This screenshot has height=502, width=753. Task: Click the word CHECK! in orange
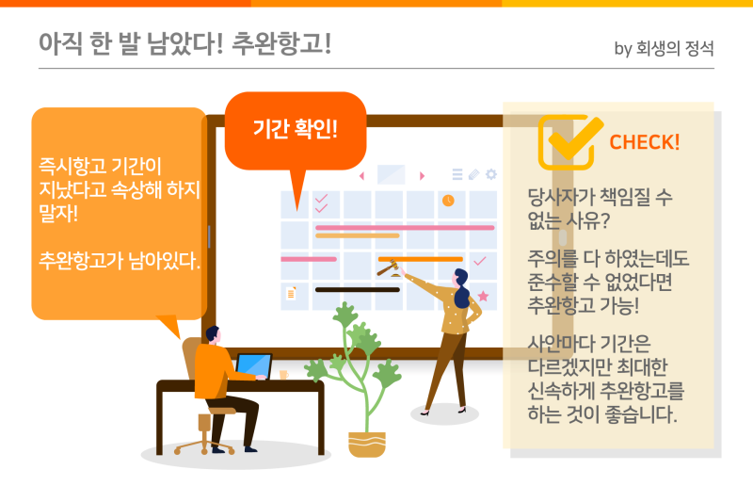(645, 142)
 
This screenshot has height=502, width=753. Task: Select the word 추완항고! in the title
(281, 43)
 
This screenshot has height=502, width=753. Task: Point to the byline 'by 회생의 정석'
(664, 48)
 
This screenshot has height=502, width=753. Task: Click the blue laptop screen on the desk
(254, 365)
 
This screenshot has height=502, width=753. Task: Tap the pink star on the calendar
(483, 296)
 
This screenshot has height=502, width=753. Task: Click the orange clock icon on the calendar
(448, 201)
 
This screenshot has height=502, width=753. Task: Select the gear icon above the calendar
(490, 174)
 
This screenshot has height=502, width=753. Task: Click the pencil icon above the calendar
(473, 174)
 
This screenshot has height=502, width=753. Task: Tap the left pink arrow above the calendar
(362, 176)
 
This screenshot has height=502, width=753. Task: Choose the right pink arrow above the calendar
(422, 176)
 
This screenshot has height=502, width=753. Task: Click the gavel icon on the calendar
(389, 268)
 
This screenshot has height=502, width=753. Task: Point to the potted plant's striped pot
(366, 445)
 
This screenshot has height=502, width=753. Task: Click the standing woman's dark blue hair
(461, 289)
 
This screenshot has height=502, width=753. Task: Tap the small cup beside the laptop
(284, 374)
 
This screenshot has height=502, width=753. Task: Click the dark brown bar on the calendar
(358, 290)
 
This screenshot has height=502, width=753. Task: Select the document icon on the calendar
(291, 293)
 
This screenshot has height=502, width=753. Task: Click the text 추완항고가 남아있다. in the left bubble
(120, 260)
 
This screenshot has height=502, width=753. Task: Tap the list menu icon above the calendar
(457, 174)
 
